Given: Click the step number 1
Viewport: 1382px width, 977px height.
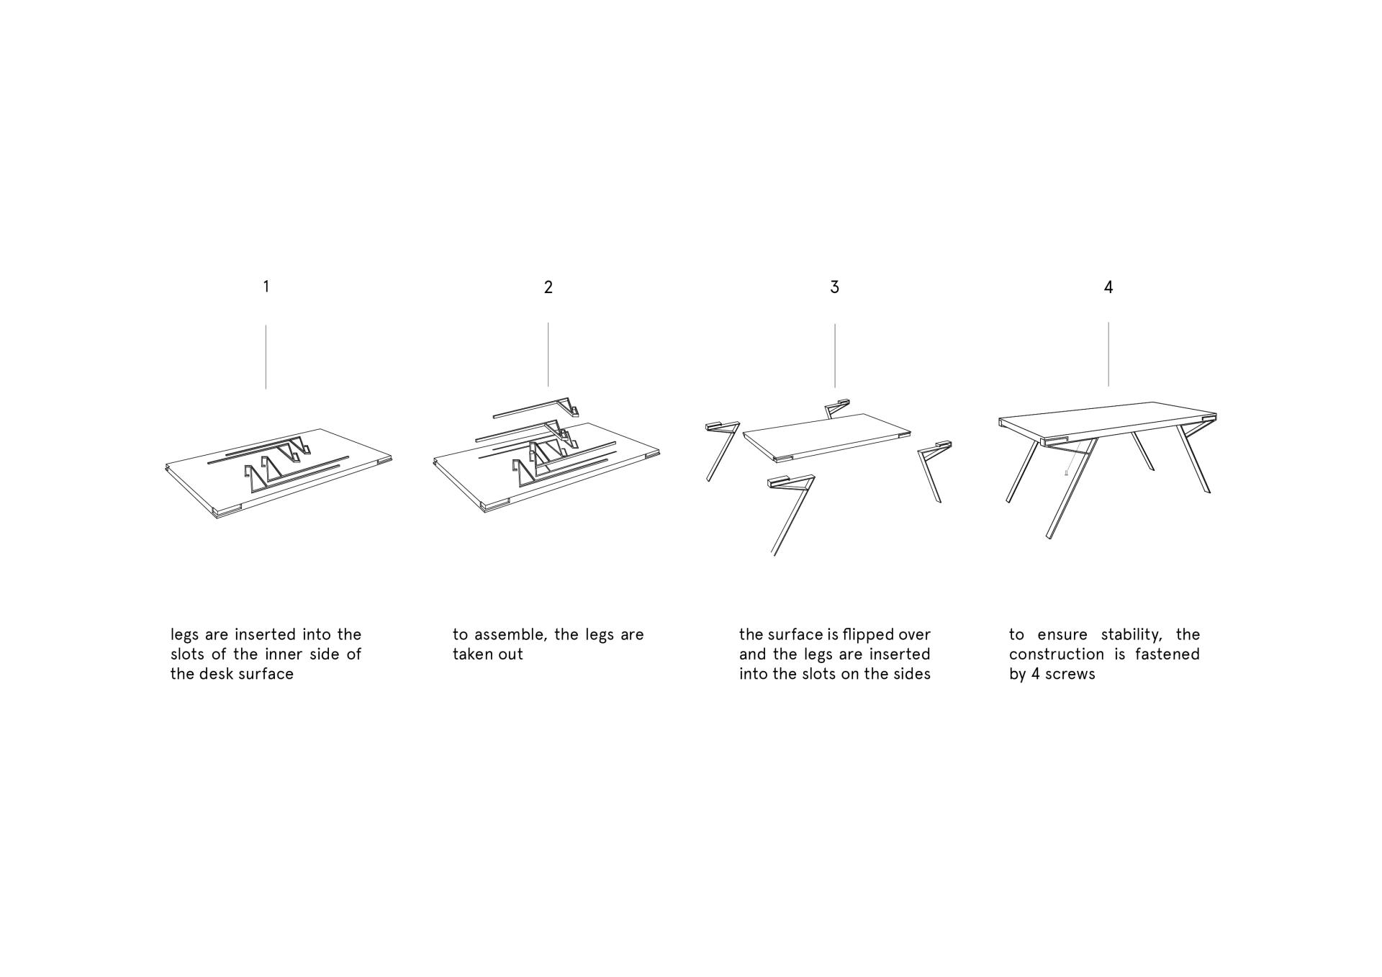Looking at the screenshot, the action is pyautogui.click(x=266, y=287).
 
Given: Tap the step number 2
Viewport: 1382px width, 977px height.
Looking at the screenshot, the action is pyautogui.click(x=548, y=287).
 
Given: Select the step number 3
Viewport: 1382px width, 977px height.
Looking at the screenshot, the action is pyautogui.click(x=834, y=287).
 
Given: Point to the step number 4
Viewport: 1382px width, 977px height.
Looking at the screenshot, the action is pyautogui.click(x=1108, y=287).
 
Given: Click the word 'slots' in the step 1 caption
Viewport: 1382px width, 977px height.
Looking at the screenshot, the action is pyautogui.click(x=187, y=654).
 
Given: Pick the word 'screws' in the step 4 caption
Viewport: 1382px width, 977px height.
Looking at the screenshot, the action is pyautogui.click(x=1072, y=675).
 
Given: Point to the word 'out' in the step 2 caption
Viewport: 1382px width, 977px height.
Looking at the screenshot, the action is pyautogui.click(x=510, y=654).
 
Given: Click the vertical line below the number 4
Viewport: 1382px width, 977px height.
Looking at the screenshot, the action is pyautogui.click(x=1108, y=354).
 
